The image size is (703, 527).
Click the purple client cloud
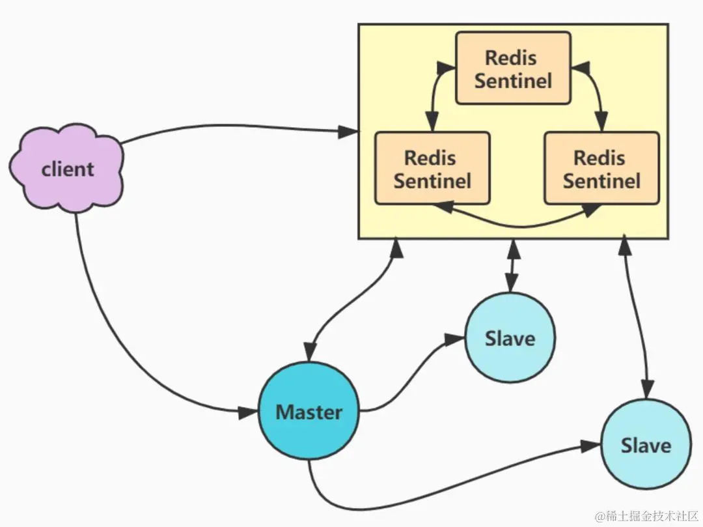[x=67, y=168]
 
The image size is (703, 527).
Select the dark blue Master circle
[x=309, y=411]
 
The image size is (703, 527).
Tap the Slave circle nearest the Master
[x=510, y=337]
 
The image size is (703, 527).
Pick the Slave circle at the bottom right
[x=646, y=444]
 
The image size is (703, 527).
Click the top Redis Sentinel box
[x=513, y=68]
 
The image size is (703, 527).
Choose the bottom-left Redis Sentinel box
[x=432, y=168]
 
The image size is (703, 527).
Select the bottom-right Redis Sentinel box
[x=601, y=168]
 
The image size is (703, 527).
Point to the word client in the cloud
[x=67, y=169]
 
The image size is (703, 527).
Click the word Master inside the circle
[x=309, y=412]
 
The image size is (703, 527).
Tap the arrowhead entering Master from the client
[x=248, y=412]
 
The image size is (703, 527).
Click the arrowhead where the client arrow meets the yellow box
[x=348, y=132]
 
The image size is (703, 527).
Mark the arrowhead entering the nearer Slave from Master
[x=454, y=339]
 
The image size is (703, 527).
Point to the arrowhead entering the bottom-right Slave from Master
[x=590, y=446]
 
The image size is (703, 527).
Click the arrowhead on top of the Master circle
[x=310, y=352]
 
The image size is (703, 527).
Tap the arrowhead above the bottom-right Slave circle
[x=647, y=388]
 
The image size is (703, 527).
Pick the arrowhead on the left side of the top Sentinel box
[x=446, y=68]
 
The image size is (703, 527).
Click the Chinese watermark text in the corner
[x=646, y=516]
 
